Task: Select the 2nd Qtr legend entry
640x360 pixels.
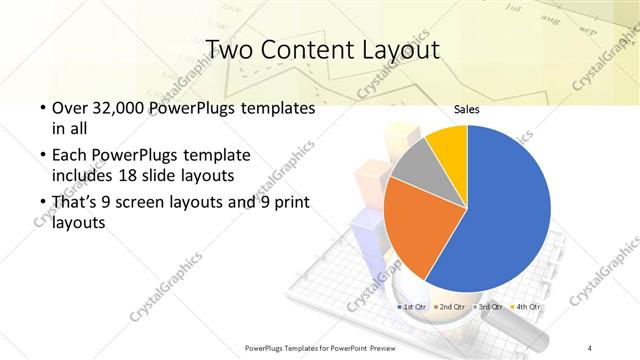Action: click(449, 306)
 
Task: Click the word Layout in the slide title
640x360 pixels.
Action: click(398, 49)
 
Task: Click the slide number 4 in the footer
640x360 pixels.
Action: click(590, 347)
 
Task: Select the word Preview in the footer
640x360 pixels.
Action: click(375, 347)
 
